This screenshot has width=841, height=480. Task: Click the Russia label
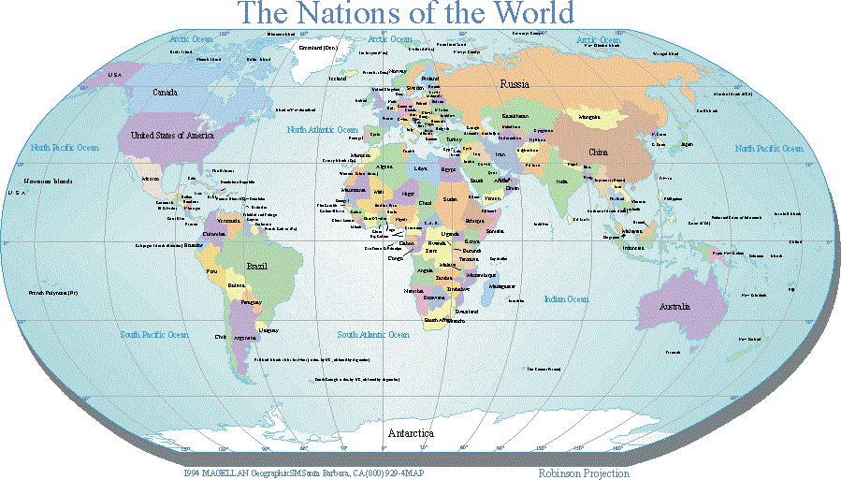(515, 84)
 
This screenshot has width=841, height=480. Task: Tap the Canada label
(166, 93)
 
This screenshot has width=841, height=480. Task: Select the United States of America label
(172, 136)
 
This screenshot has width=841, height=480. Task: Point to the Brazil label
(256, 266)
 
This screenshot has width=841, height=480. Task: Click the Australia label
(674, 307)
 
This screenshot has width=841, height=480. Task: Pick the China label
(598, 152)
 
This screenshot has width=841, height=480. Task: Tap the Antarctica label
(410, 433)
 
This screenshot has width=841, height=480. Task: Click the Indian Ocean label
(567, 299)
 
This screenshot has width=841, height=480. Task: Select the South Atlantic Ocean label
(373, 334)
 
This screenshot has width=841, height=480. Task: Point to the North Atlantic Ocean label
(323, 129)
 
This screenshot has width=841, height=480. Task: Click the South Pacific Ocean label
(155, 334)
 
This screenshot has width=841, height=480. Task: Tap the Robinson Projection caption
(584, 473)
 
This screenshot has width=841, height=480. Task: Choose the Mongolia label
(590, 117)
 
